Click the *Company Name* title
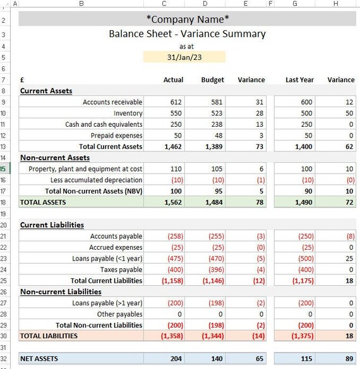pos(188,20)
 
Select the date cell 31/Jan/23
pos(183,57)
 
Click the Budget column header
pos(212,80)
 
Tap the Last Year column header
pos(299,80)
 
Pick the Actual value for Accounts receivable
pos(176,102)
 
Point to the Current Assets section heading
pos(46,91)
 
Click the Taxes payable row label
pos(119,269)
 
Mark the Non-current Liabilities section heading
pos(61,292)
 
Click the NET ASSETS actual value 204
pos(176,359)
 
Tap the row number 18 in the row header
pos(4,202)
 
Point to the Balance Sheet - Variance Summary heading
pos(187,34)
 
